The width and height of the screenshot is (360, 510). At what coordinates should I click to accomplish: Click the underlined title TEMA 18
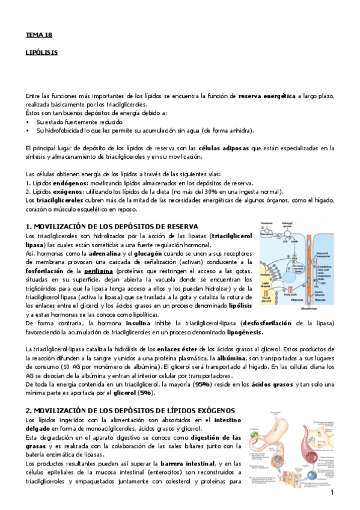tap(35, 35)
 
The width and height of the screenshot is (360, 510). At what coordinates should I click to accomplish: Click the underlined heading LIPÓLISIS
tap(41, 52)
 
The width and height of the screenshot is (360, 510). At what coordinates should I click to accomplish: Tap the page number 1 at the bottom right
tap(331, 493)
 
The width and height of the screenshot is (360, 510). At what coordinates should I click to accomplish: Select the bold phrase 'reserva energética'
tap(267, 96)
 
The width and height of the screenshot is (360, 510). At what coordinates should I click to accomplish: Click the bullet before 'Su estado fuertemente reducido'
tap(28, 121)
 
